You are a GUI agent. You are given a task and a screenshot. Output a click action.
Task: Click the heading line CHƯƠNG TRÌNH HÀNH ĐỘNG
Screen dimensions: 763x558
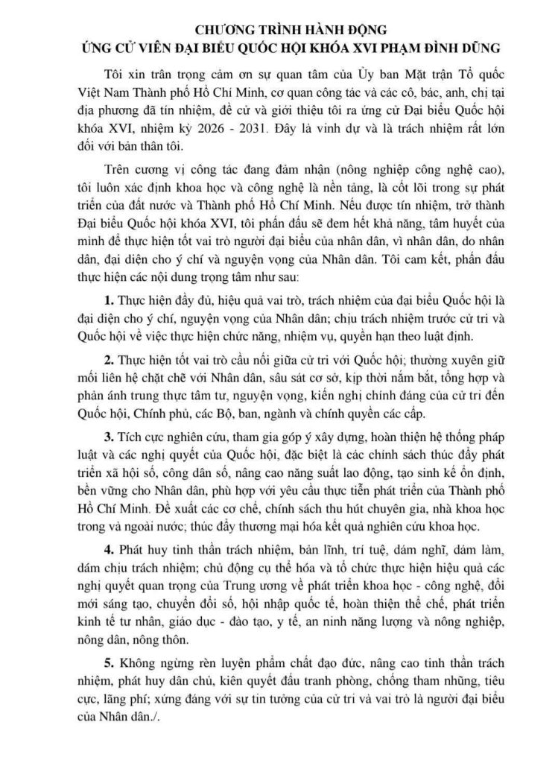click(278, 30)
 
